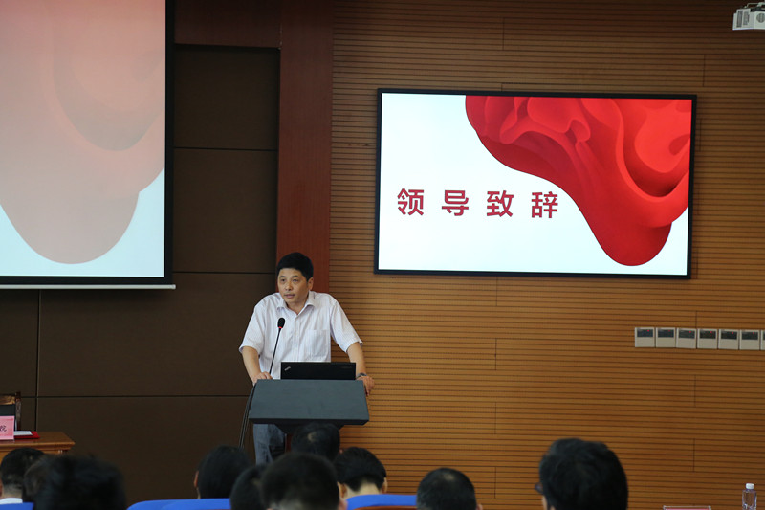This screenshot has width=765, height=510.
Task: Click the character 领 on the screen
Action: coord(411,202)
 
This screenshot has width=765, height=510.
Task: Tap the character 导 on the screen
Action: coord(455,203)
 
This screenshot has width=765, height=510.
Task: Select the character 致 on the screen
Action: coord(499,203)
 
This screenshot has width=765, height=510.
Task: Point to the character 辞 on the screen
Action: coord(544,204)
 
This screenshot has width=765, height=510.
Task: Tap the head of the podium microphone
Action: coord(281,322)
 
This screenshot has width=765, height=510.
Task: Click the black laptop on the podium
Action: coord(318,370)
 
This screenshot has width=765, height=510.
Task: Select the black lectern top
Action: coord(308,402)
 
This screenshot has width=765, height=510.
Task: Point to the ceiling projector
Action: coord(749,17)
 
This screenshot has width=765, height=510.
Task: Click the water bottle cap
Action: coord(750,486)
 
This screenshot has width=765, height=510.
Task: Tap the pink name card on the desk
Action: coord(7,428)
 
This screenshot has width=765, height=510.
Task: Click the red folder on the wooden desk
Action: coord(27,434)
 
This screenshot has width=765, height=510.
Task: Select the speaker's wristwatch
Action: coord(361,375)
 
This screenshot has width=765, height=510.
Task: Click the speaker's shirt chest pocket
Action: coord(318,342)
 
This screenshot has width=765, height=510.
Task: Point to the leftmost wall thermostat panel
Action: coord(645,337)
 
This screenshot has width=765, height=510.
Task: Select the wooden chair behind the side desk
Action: coord(11,409)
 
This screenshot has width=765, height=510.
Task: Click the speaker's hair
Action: coord(295,264)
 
